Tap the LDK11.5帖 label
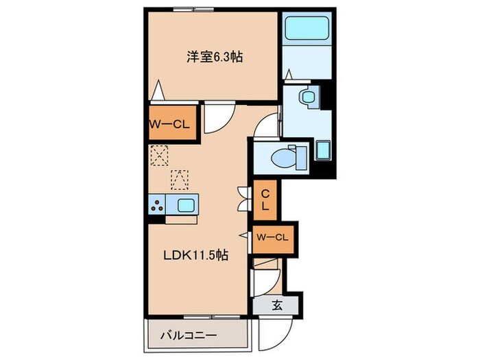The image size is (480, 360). [195, 255]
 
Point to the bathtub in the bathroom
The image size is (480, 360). [307, 30]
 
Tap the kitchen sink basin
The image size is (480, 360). [186, 204]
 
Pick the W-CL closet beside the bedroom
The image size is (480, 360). [171, 124]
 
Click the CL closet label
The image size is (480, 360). [265, 199]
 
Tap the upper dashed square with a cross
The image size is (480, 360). [159, 156]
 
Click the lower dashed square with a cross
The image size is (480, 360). [180, 179]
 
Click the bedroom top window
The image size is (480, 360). [193, 9]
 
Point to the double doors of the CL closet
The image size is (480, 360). [242, 198]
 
